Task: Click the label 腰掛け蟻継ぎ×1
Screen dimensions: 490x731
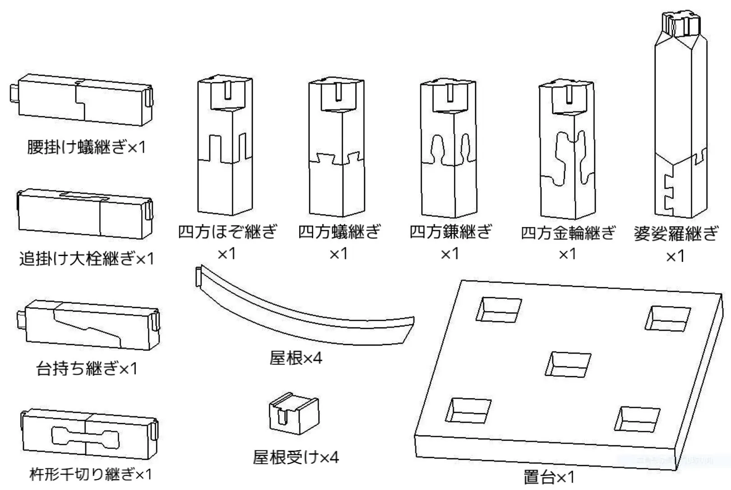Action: (86, 147)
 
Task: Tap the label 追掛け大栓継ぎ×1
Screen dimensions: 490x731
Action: (86, 259)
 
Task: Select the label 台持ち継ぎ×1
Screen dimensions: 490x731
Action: (86, 369)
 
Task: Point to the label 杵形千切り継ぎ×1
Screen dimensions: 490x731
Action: (90, 474)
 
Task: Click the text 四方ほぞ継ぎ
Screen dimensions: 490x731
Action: (227, 232)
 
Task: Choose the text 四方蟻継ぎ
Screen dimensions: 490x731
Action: (339, 232)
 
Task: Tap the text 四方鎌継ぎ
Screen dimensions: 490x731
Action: (450, 232)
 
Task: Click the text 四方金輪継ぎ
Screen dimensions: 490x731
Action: (568, 233)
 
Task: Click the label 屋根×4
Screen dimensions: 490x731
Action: (296, 358)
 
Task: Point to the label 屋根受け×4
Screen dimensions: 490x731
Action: (296, 457)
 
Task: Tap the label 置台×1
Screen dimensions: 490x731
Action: (549, 477)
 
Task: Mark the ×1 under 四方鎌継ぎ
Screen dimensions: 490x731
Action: (450, 253)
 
